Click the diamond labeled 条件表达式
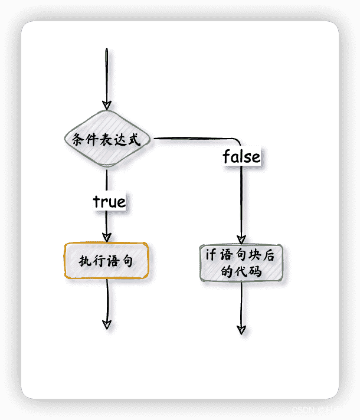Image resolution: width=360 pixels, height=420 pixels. (107, 140)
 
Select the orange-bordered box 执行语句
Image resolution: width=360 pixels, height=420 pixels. (106, 260)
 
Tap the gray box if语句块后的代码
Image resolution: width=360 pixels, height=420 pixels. (241, 263)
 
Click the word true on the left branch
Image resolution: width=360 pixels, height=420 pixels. (109, 202)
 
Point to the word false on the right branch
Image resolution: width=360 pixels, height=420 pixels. (241, 157)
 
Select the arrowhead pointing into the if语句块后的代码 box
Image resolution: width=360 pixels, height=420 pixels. (241, 240)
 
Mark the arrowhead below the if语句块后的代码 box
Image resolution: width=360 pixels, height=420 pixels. (241, 329)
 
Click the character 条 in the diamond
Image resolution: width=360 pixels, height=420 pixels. (77, 140)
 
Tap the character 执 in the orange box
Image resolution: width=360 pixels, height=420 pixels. (84, 261)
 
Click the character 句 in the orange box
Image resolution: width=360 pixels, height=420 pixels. (128, 261)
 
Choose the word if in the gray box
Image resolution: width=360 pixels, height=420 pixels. (211, 255)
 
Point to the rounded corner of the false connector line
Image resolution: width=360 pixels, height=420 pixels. (239, 141)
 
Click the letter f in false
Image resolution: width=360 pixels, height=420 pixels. (226, 157)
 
